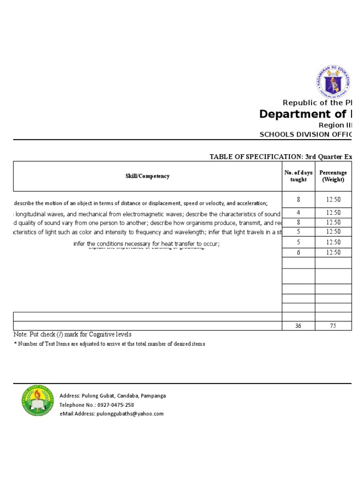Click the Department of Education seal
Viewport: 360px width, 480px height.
[x=333, y=82]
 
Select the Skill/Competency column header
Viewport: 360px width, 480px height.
[x=147, y=176]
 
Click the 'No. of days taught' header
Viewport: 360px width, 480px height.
[x=298, y=176]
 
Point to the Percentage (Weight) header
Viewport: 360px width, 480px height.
[x=333, y=176]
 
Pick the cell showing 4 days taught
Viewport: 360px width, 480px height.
[x=298, y=213]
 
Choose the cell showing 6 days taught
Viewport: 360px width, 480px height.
[x=298, y=253]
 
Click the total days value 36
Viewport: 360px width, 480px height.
[x=298, y=326]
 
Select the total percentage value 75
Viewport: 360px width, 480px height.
[x=333, y=326]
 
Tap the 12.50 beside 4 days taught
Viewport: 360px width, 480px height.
[x=333, y=213]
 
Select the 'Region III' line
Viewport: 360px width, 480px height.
[x=335, y=125]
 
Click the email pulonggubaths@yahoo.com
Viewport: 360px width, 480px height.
[x=130, y=413]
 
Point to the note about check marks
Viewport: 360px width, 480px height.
[x=73, y=335]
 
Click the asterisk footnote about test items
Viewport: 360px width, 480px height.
[x=109, y=344]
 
